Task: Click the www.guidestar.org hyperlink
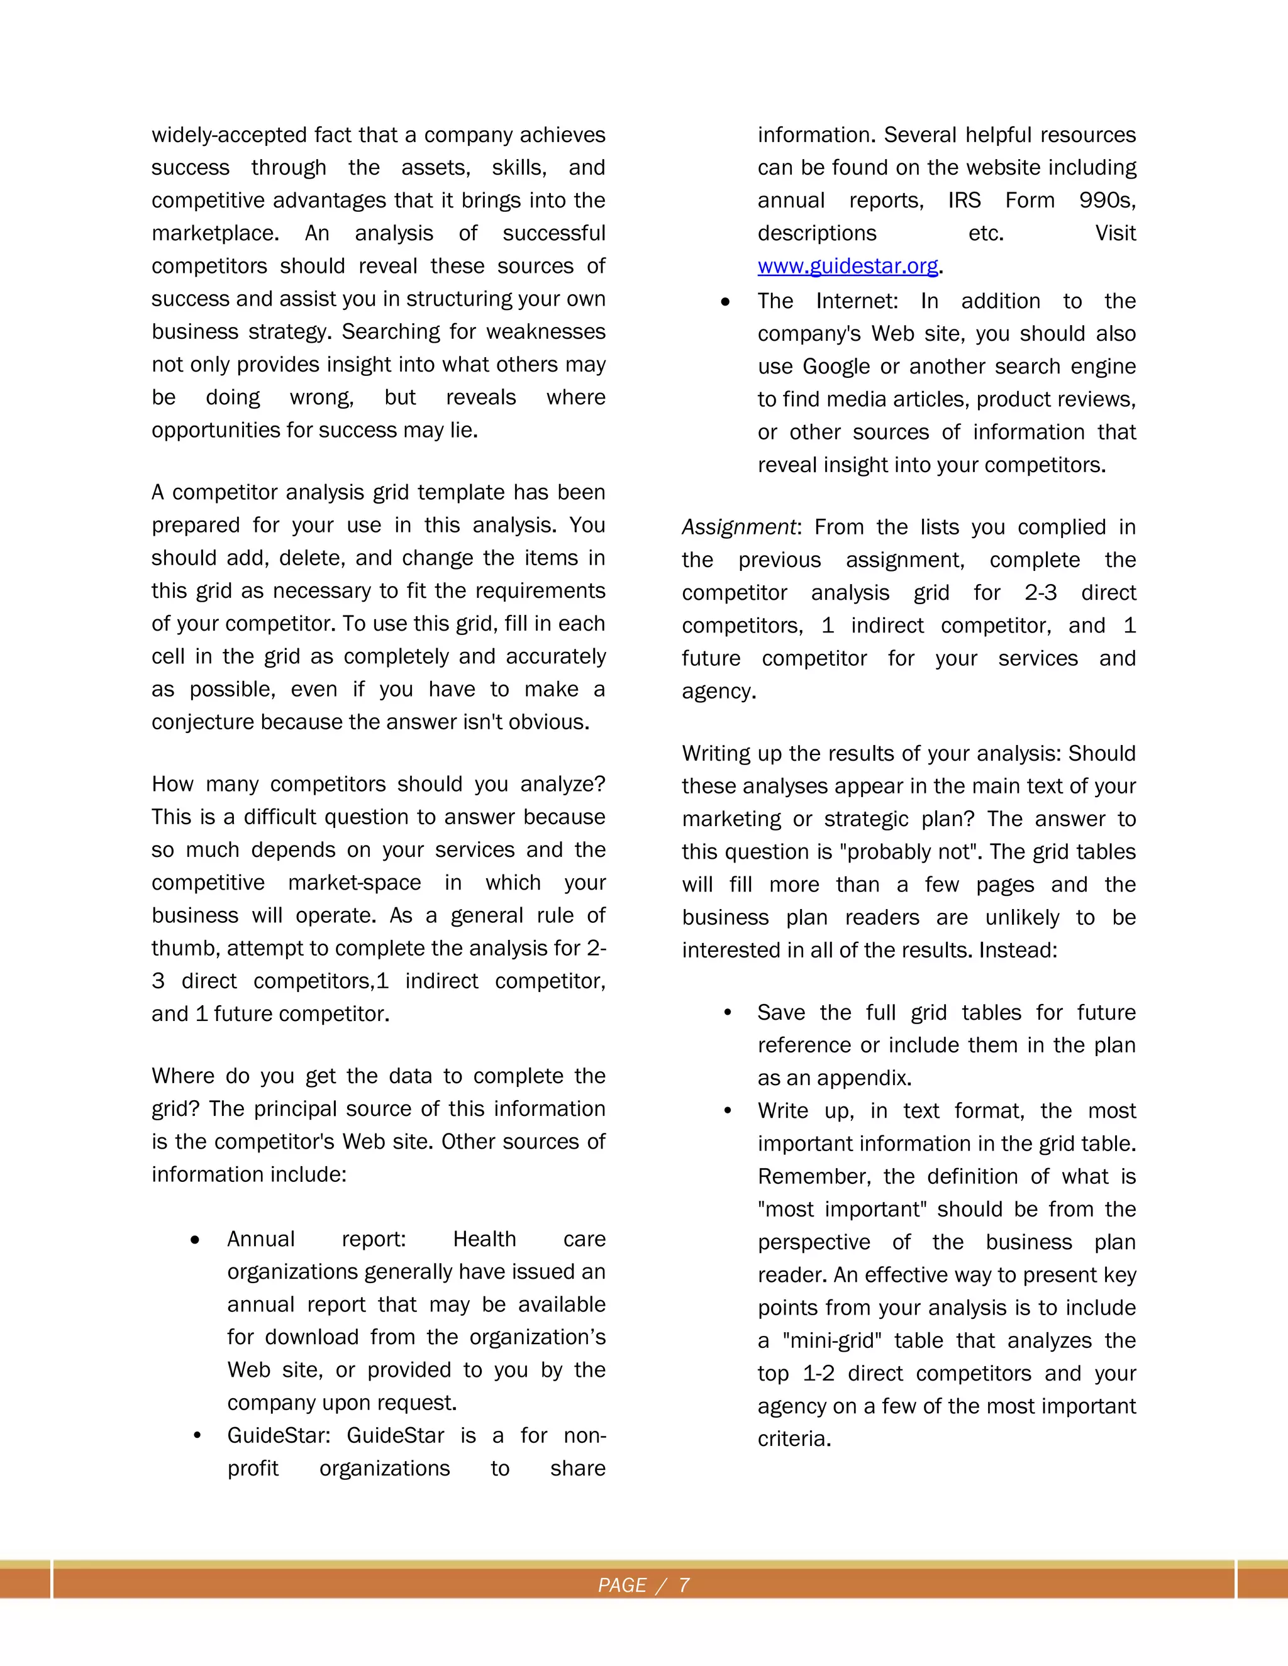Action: click(848, 266)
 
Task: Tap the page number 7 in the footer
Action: click(684, 1585)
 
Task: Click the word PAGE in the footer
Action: click(622, 1585)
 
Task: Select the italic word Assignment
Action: click(738, 527)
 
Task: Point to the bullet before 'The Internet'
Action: click(725, 302)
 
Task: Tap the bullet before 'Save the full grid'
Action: click(727, 1012)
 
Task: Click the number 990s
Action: click(1106, 201)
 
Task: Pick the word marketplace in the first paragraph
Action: click(215, 233)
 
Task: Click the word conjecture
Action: click(203, 722)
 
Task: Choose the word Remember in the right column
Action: click(813, 1176)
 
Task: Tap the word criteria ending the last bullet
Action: click(793, 1438)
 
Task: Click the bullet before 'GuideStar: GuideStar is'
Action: click(197, 1436)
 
